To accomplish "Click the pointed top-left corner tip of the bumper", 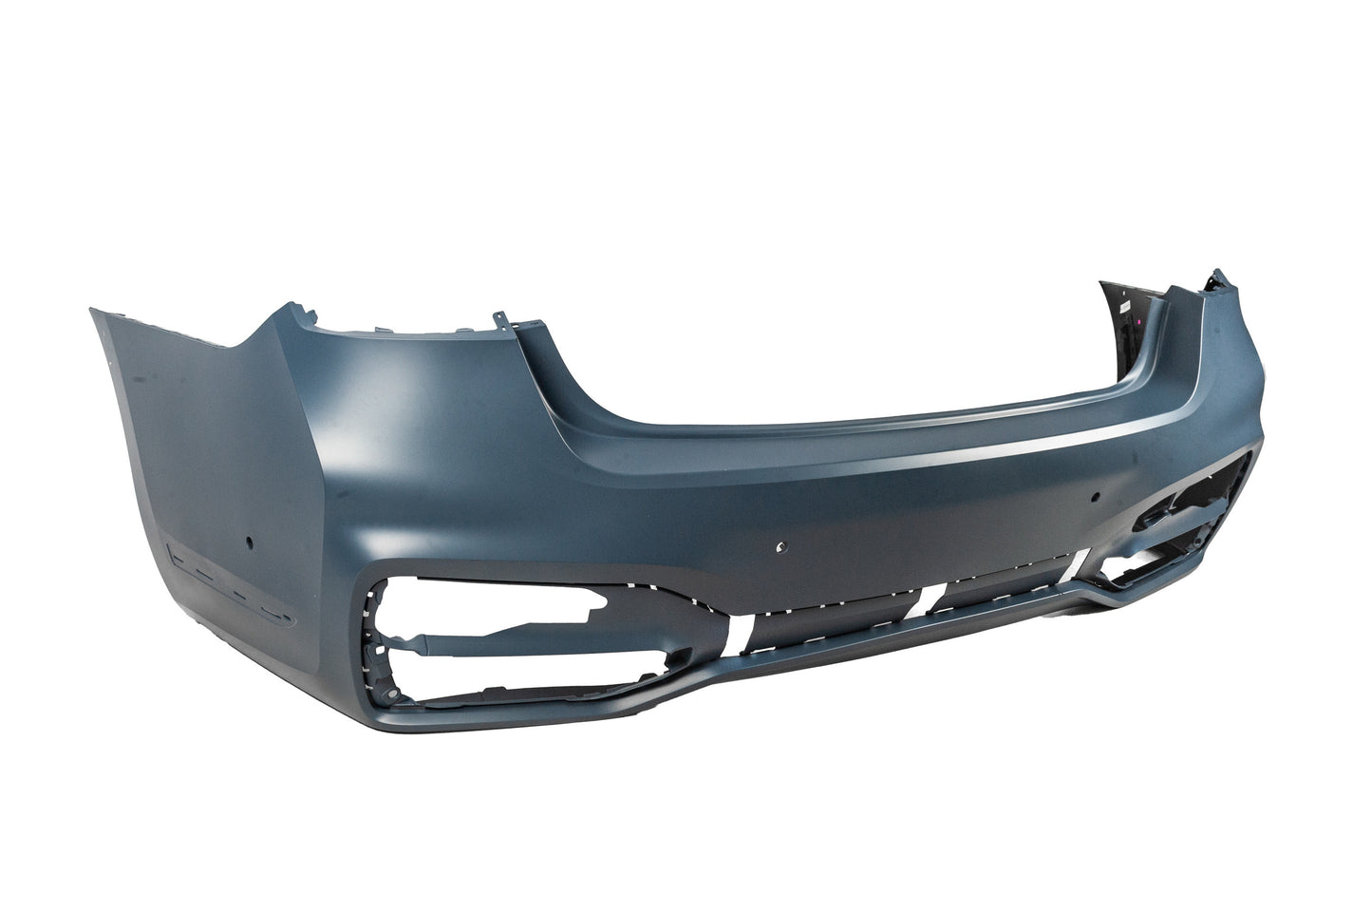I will pos(91,309).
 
